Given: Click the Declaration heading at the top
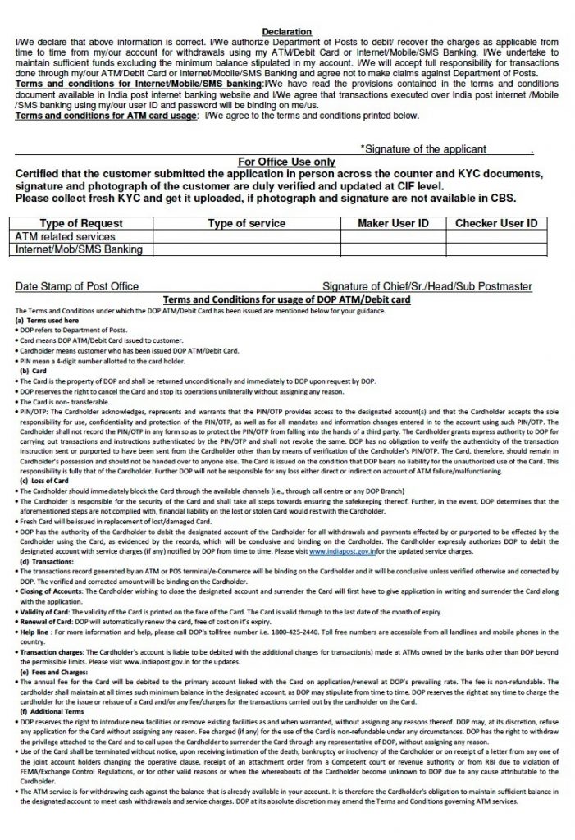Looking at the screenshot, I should pos(286,31).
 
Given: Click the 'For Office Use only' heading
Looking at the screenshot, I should pos(286,162).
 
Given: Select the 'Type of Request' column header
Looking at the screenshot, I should pos(81,223).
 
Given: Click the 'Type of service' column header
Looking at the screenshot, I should pos(247,223).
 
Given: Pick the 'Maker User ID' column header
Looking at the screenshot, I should pos(393,223).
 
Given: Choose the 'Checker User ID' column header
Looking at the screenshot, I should pos(496,223).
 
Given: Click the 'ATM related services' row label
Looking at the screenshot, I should pos(66,236).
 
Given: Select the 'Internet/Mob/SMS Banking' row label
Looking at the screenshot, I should pos(79,249).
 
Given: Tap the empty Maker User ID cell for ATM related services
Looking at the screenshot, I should pos(393,236).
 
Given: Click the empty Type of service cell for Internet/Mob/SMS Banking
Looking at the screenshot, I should pos(247,249).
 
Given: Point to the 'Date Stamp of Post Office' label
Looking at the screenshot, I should pos(77,286).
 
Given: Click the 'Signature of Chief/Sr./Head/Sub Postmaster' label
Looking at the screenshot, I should pos(427,286).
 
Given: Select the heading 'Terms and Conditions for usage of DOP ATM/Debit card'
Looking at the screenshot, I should pos(287,299).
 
